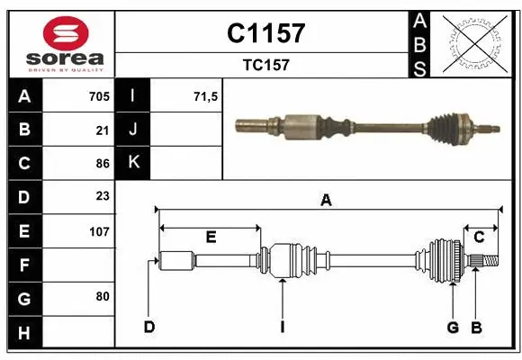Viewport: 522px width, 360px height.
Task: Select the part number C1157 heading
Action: click(x=265, y=34)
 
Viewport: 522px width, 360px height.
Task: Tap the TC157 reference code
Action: click(x=265, y=65)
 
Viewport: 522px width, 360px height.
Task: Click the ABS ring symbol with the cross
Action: click(x=476, y=42)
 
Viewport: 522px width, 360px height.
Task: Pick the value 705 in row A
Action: click(x=98, y=96)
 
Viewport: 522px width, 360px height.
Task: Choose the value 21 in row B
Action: click(x=102, y=130)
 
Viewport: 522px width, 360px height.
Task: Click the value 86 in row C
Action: click(x=102, y=164)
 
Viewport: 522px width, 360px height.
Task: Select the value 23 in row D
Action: click(x=102, y=196)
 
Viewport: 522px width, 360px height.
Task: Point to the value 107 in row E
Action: click(x=98, y=230)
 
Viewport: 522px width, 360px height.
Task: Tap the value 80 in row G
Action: click(x=102, y=296)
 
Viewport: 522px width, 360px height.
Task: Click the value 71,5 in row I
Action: click(x=206, y=96)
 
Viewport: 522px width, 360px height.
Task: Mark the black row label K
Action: click(x=132, y=163)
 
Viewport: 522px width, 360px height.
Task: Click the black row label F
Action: click(x=24, y=265)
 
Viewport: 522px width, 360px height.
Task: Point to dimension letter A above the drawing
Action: click(x=326, y=201)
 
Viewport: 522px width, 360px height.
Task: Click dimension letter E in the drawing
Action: click(x=211, y=237)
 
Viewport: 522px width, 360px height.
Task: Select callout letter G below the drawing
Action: click(x=454, y=327)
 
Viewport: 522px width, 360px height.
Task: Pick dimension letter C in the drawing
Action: click(x=479, y=237)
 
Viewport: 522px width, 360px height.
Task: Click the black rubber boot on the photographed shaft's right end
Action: click(x=447, y=128)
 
